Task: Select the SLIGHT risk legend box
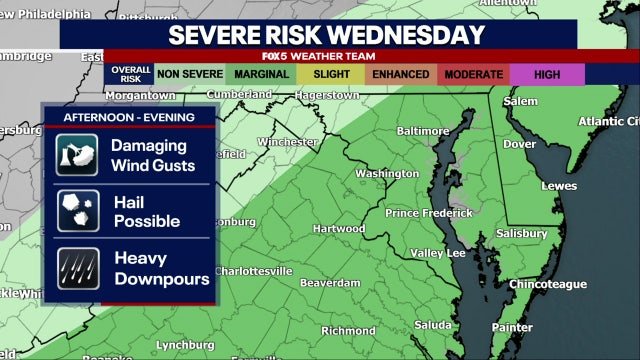pyautogui.click(x=331, y=74)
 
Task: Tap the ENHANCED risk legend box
pyautogui.click(x=400, y=74)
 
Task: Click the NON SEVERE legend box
pyautogui.click(x=190, y=74)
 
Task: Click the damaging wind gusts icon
pyautogui.click(x=77, y=155)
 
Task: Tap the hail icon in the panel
pyautogui.click(x=77, y=210)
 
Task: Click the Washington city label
pyautogui.click(x=387, y=173)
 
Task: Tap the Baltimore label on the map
pyautogui.click(x=423, y=131)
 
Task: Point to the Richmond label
pyautogui.click(x=348, y=331)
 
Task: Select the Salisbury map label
pyautogui.click(x=521, y=233)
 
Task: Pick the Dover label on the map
pyautogui.click(x=518, y=144)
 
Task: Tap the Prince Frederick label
pyautogui.click(x=429, y=213)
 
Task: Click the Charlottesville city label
pyautogui.click(x=254, y=271)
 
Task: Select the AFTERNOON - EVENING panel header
pyautogui.click(x=128, y=117)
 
